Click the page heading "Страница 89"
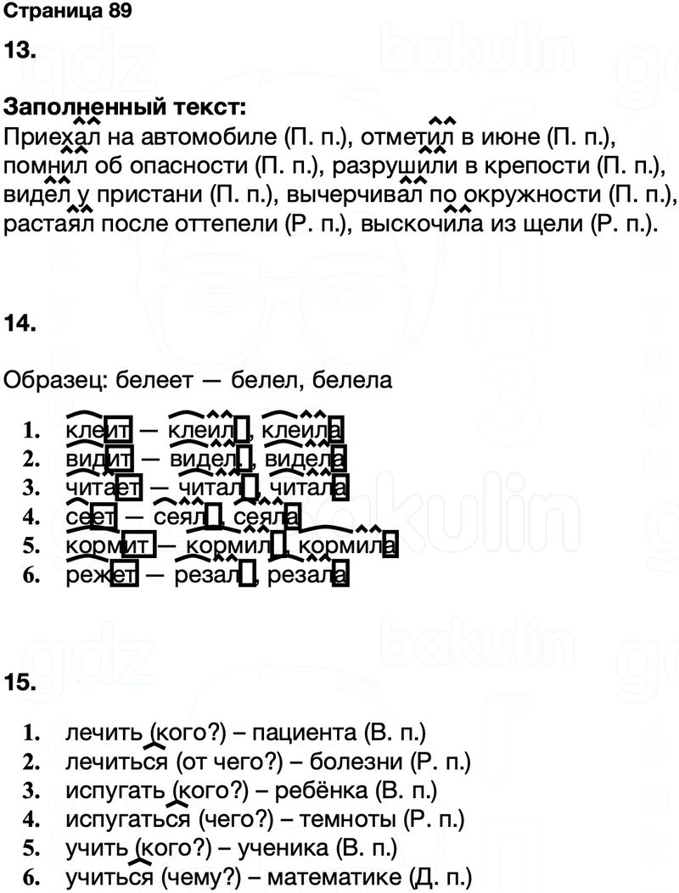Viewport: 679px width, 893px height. click(x=67, y=12)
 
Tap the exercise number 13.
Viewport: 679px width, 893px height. click(x=20, y=50)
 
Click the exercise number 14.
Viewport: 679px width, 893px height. click(x=20, y=323)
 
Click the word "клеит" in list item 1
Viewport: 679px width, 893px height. click(x=98, y=431)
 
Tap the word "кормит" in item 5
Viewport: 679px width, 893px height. click(x=109, y=546)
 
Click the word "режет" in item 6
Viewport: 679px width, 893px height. click(x=101, y=576)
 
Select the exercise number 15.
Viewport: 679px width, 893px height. click(x=20, y=681)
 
